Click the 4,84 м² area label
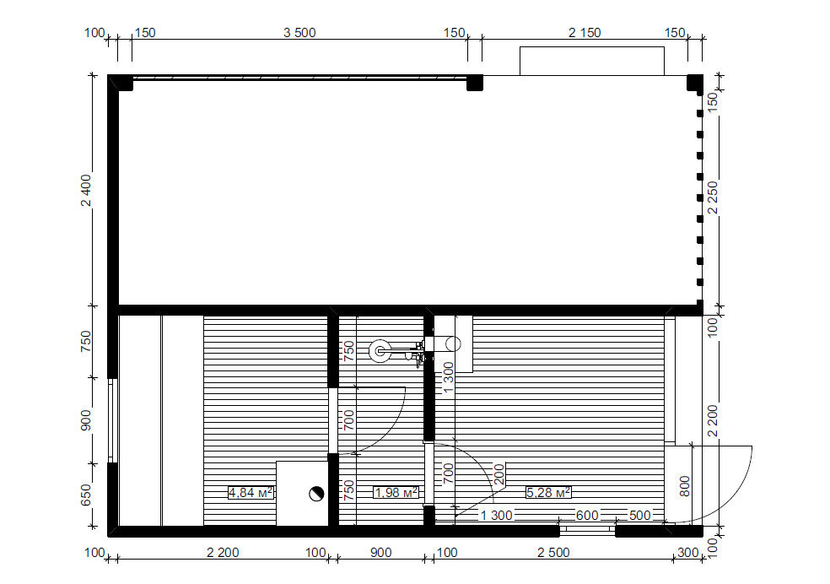[251, 493]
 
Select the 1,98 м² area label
[396, 493]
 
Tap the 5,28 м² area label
[548, 493]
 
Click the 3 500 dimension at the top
[299, 33]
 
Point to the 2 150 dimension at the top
[585, 33]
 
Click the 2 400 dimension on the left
[86, 190]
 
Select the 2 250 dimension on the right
[713, 197]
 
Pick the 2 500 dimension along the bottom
[553, 553]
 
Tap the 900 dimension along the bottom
[381, 553]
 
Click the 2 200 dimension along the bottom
[223, 553]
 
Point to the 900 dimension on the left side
[86, 420]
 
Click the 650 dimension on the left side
[86, 495]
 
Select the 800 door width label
[684, 486]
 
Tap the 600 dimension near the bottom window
[587, 515]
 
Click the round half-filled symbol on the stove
[316, 494]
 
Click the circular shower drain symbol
[380, 350]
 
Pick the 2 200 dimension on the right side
[713, 420]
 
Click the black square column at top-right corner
[695, 83]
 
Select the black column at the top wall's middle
[475, 83]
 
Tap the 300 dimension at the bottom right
[688, 553]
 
